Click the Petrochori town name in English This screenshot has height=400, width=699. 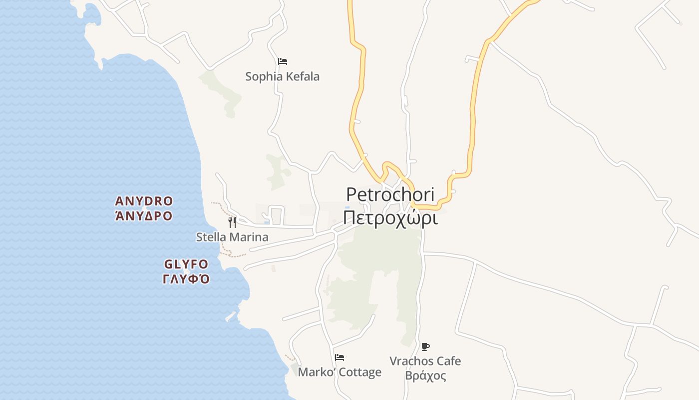tap(390, 194)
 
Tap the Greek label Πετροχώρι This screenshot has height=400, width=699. tap(390, 218)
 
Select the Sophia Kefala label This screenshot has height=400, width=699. tap(282, 76)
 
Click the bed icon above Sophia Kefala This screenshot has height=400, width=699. tap(283, 61)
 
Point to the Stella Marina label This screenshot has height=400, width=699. tap(232, 237)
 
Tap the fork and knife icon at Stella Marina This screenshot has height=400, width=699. tap(232, 222)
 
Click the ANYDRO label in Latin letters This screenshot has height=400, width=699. tap(144, 201)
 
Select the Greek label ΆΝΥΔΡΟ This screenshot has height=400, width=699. tap(144, 216)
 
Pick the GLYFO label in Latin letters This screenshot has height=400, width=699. tap(186, 264)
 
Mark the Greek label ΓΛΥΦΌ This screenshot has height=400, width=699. tap(186, 279)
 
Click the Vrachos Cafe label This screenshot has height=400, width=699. tap(425, 361)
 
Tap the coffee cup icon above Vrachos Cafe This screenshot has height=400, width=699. tap(425, 346)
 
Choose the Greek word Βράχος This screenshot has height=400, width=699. tap(425, 375)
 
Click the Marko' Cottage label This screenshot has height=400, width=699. tap(340, 372)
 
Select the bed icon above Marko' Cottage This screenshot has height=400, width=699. tap(340, 357)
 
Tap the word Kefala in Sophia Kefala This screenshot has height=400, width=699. tap(302, 76)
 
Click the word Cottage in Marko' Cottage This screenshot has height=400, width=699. tap(360, 372)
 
